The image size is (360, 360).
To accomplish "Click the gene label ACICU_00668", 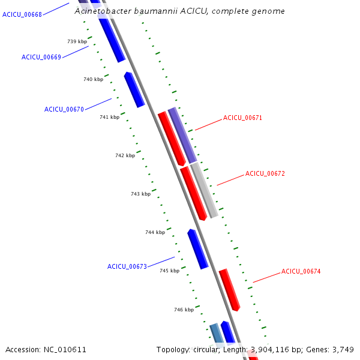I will tap(22, 14).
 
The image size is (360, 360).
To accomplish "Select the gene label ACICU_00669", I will tap(41, 57).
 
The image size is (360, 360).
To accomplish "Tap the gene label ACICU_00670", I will tap(64, 109).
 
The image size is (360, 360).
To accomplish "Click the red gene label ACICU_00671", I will tap(242, 118).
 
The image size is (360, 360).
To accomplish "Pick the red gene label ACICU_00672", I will tap(265, 173).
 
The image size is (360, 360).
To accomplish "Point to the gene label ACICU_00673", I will tap(127, 266).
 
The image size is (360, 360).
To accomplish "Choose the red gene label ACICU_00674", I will tap(301, 271).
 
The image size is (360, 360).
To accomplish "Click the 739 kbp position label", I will tap(77, 41).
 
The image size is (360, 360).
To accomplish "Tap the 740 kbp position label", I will tap(93, 79).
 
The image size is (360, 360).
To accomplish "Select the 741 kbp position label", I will tap(109, 117).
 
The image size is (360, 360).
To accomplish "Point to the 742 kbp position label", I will tap(125, 155).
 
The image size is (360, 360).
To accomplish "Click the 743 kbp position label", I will tap(140, 194).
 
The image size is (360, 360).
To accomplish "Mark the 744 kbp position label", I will tap(155, 232).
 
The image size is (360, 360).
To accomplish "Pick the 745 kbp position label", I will tap(169, 271).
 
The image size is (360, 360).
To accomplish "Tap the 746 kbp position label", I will tap(184, 310).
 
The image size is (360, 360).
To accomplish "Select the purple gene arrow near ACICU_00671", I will tap(182, 136).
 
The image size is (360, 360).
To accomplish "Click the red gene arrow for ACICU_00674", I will tap(229, 290).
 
